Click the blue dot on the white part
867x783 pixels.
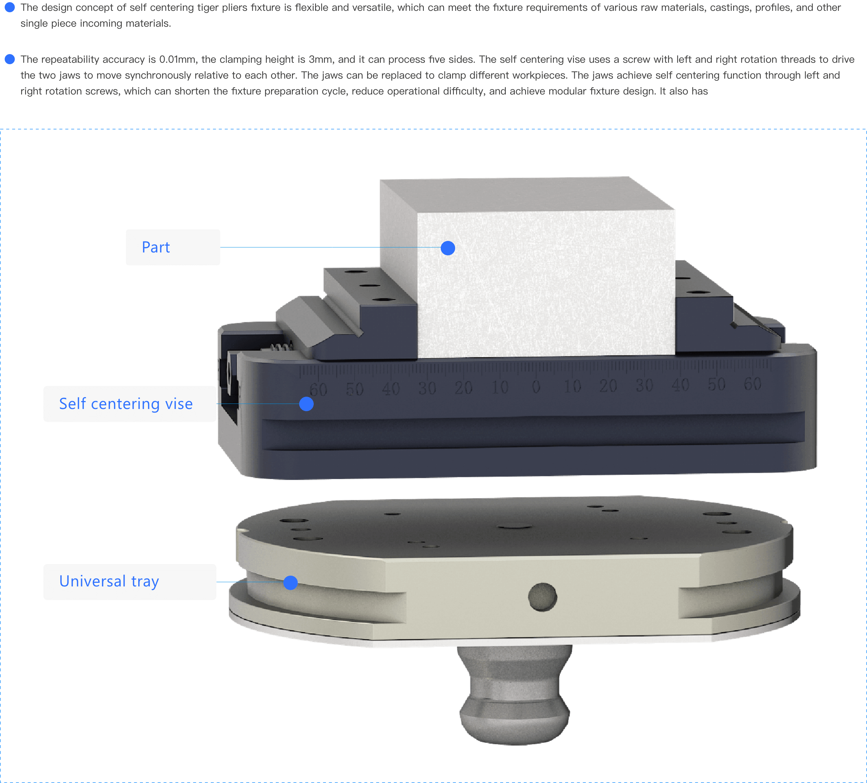coord(448,248)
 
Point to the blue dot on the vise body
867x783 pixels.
coord(306,404)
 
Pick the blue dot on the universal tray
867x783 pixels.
coord(291,582)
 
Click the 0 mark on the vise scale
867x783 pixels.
coord(536,387)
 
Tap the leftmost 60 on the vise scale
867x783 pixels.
coord(318,390)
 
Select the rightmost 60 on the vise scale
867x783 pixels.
coord(753,384)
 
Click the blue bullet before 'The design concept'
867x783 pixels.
coord(9,7)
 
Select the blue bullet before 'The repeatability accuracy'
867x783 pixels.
coord(9,59)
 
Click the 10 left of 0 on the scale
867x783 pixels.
coord(500,387)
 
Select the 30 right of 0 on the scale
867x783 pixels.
coord(644,386)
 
